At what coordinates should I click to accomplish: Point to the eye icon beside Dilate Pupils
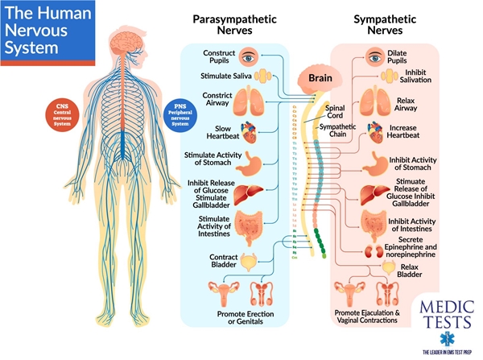coord(374,56)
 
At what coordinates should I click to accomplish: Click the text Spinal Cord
coord(336,111)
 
